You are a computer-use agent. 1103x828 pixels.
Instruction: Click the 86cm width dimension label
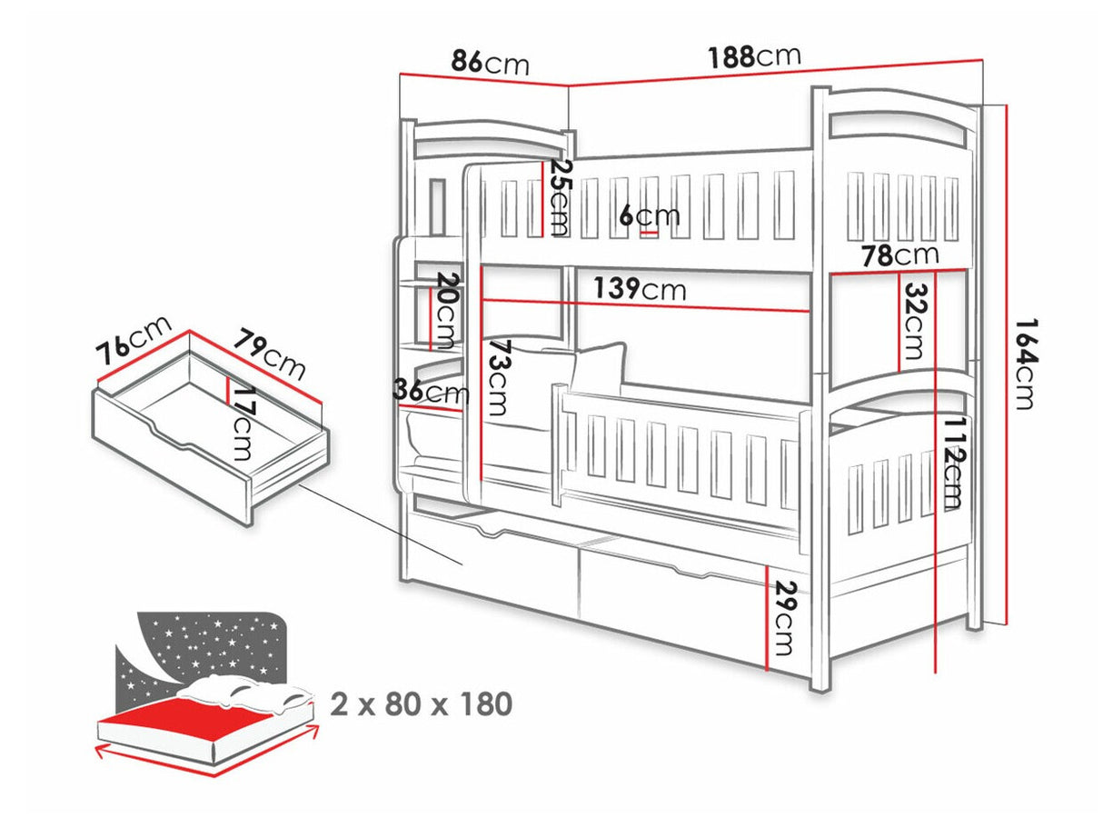[491, 64]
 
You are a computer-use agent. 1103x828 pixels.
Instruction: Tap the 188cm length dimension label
[755, 56]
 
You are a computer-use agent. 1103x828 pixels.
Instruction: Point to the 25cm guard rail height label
[561, 197]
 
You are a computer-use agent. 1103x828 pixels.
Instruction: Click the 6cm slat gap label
[650, 215]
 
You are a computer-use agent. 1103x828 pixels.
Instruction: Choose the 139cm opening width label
[641, 290]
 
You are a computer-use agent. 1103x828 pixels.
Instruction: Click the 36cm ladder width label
[431, 393]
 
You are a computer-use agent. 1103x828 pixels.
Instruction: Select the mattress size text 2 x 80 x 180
[421, 703]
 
